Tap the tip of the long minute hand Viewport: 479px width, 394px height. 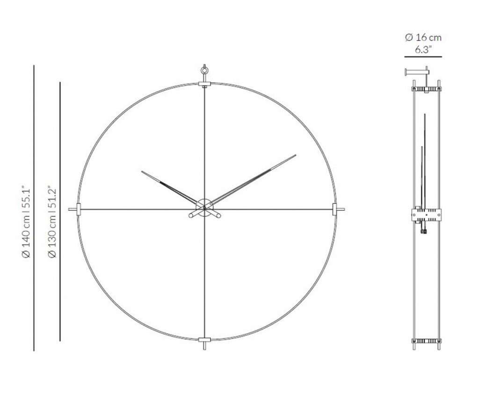pyautogui.click(x=296, y=155)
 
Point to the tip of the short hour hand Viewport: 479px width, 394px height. pyautogui.click(x=142, y=171)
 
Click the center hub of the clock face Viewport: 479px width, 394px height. pyautogui.click(x=204, y=208)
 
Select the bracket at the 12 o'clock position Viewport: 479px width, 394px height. pyautogui.click(x=204, y=84)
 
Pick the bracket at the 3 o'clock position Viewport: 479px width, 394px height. pyautogui.click(x=334, y=209)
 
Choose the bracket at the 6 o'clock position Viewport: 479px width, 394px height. pyautogui.click(x=204, y=340)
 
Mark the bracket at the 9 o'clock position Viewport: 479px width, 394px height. pyautogui.click(x=79, y=209)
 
